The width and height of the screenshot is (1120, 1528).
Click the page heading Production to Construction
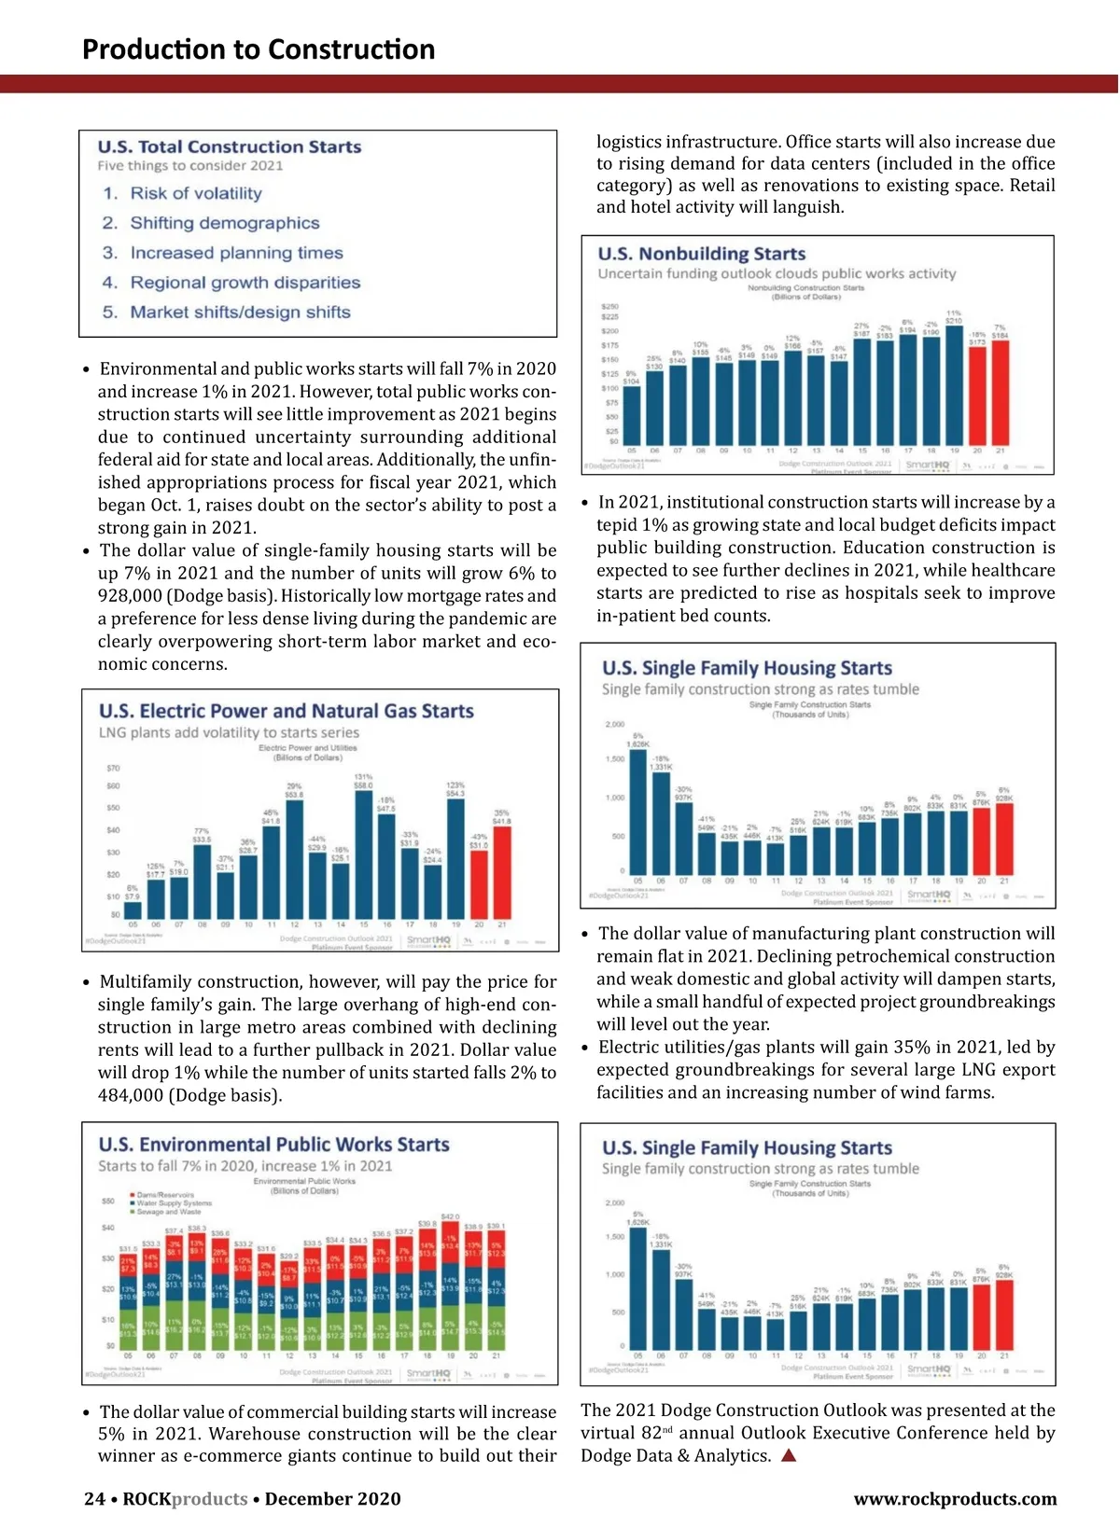(259, 49)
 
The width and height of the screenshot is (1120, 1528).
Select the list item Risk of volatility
(196, 193)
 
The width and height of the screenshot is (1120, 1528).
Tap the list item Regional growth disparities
(245, 283)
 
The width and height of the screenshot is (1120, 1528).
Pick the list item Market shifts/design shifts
(240, 313)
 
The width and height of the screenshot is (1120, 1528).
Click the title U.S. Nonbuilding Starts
(702, 254)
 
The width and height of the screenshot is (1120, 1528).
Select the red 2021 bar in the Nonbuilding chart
(1000, 392)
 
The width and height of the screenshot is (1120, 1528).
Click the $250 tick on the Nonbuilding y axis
(609, 306)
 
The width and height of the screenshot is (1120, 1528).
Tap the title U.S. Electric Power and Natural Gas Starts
(287, 711)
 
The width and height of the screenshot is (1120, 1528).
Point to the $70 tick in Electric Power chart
(113, 768)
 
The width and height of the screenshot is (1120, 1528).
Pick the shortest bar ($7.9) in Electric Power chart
(133, 910)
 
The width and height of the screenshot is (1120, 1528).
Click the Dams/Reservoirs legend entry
(165, 1194)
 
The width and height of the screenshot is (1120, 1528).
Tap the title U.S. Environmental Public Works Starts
(273, 1145)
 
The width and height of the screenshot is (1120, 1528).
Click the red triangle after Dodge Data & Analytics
(789, 1455)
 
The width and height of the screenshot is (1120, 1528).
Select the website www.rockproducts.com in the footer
(955, 1499)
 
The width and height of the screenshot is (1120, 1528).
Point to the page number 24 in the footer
(94, 1499)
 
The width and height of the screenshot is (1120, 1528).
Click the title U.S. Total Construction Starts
(230, 146)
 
